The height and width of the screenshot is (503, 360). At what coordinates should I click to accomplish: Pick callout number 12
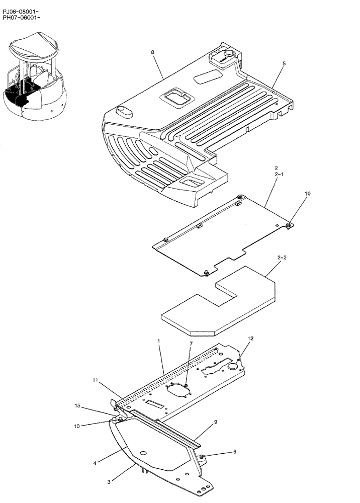[251, 339]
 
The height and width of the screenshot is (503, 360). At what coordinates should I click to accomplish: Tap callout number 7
[191, 344]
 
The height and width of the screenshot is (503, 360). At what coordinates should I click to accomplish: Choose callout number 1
[158, 341]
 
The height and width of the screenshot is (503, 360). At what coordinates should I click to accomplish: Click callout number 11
[96, 381]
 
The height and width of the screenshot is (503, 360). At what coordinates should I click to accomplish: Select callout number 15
[78, 405]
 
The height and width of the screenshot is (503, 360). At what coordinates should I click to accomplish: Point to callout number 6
[234, 452]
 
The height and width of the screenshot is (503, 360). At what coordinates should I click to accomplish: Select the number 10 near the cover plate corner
[308, 193]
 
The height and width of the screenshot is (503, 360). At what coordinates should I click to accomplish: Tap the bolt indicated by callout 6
[202, 456]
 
